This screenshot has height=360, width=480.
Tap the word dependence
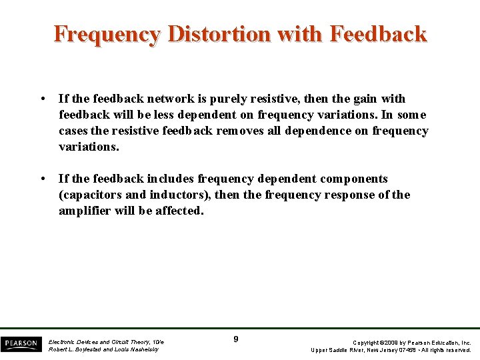[x=317, y=131]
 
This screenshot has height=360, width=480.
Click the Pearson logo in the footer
[x=21, y=343]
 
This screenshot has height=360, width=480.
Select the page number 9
[x=236, y=340]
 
